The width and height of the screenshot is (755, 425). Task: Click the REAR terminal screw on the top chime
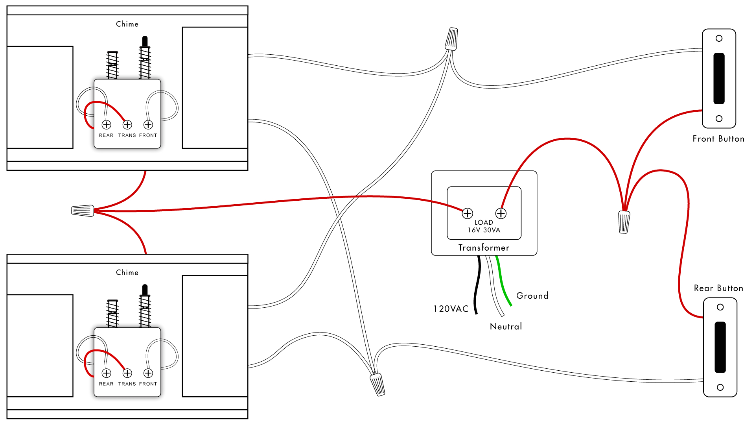pos(107,125)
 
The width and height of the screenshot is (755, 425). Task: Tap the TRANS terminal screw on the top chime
pos(127,125)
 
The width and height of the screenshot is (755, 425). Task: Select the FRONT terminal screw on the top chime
pos(148,125)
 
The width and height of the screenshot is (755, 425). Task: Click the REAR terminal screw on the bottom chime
pos(107,373)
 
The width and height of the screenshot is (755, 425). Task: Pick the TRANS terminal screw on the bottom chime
pos(127,373)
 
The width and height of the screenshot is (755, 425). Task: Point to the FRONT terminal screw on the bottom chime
pos(148,373)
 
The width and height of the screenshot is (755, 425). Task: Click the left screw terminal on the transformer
pos(467,213)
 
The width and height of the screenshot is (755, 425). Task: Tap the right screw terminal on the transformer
pos(501,213)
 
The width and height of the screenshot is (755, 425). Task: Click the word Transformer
pos(484,248)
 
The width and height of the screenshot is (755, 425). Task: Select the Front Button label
pos(718,139)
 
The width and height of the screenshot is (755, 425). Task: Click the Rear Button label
pos(718,288)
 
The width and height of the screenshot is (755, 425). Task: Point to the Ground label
pos(532,296)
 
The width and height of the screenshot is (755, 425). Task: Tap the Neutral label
pos(506,326)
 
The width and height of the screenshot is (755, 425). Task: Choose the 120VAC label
pos(451,309)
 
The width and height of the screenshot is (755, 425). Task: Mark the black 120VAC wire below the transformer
pos(477,283)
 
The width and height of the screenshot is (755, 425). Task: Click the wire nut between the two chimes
pos(83,211)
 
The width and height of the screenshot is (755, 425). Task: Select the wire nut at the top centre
pos(452,39)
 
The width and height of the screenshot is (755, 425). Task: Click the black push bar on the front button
pos(719,78)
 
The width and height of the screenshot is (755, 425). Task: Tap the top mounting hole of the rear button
pos(720,307)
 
